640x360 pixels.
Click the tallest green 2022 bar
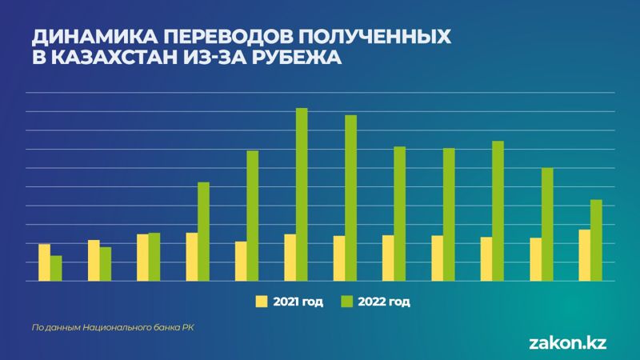pyautogui.click(x=302, y=194)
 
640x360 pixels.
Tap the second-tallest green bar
pyautogui.click(x=350, y=198)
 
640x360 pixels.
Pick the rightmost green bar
pyautogui.click(x=595, y=240)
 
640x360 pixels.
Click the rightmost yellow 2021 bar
pyautogui.click(x=584, y=255)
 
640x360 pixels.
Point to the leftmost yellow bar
pyautogui.click(x=44, y=262)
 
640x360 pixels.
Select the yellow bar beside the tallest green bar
pyautogui.click(x=290, y=258)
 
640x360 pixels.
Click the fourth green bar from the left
pyautogui.click(x=203, y=232)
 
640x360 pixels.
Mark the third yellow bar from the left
pyautogui.click(x=142, y=258)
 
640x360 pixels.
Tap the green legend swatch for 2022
pyautogui.click(x=347, y=302)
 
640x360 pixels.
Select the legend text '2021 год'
pyautogui.click(x=298, y=302)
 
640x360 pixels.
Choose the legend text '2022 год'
pyautogui.click(x=384, y=302)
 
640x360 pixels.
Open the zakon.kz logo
pyautogui.click(x=568, y=342)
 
